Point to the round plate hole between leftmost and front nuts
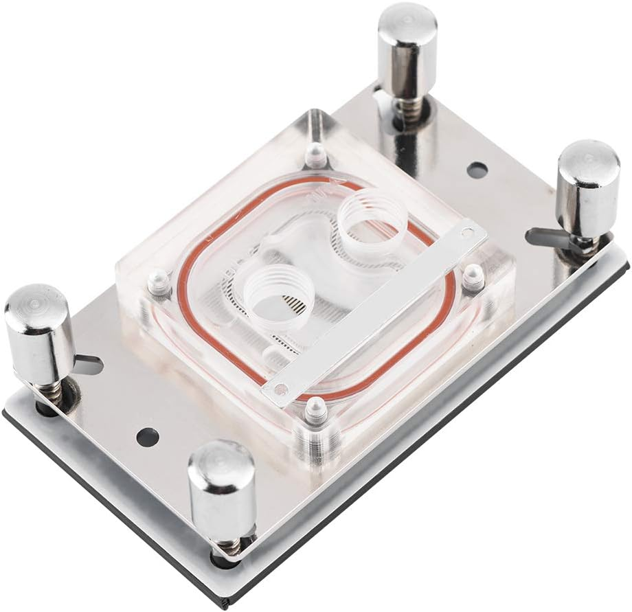pos(146,435)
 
